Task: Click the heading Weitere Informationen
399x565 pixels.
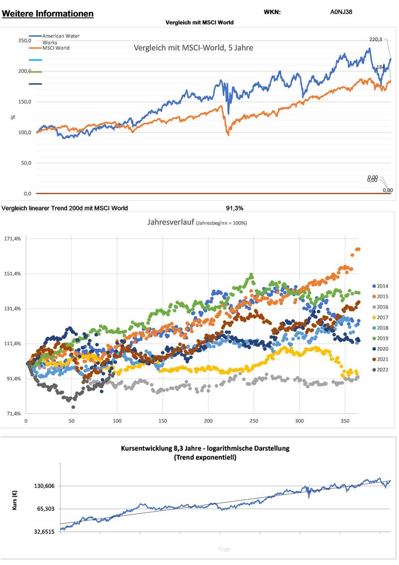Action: point(48,13)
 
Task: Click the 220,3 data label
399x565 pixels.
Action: point(376,39)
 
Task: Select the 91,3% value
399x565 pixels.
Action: point(235,208)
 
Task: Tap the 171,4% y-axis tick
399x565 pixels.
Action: point(12,239)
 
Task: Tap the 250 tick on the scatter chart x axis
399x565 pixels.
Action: point(254,421)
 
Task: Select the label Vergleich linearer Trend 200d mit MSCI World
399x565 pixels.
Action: point(65,208)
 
